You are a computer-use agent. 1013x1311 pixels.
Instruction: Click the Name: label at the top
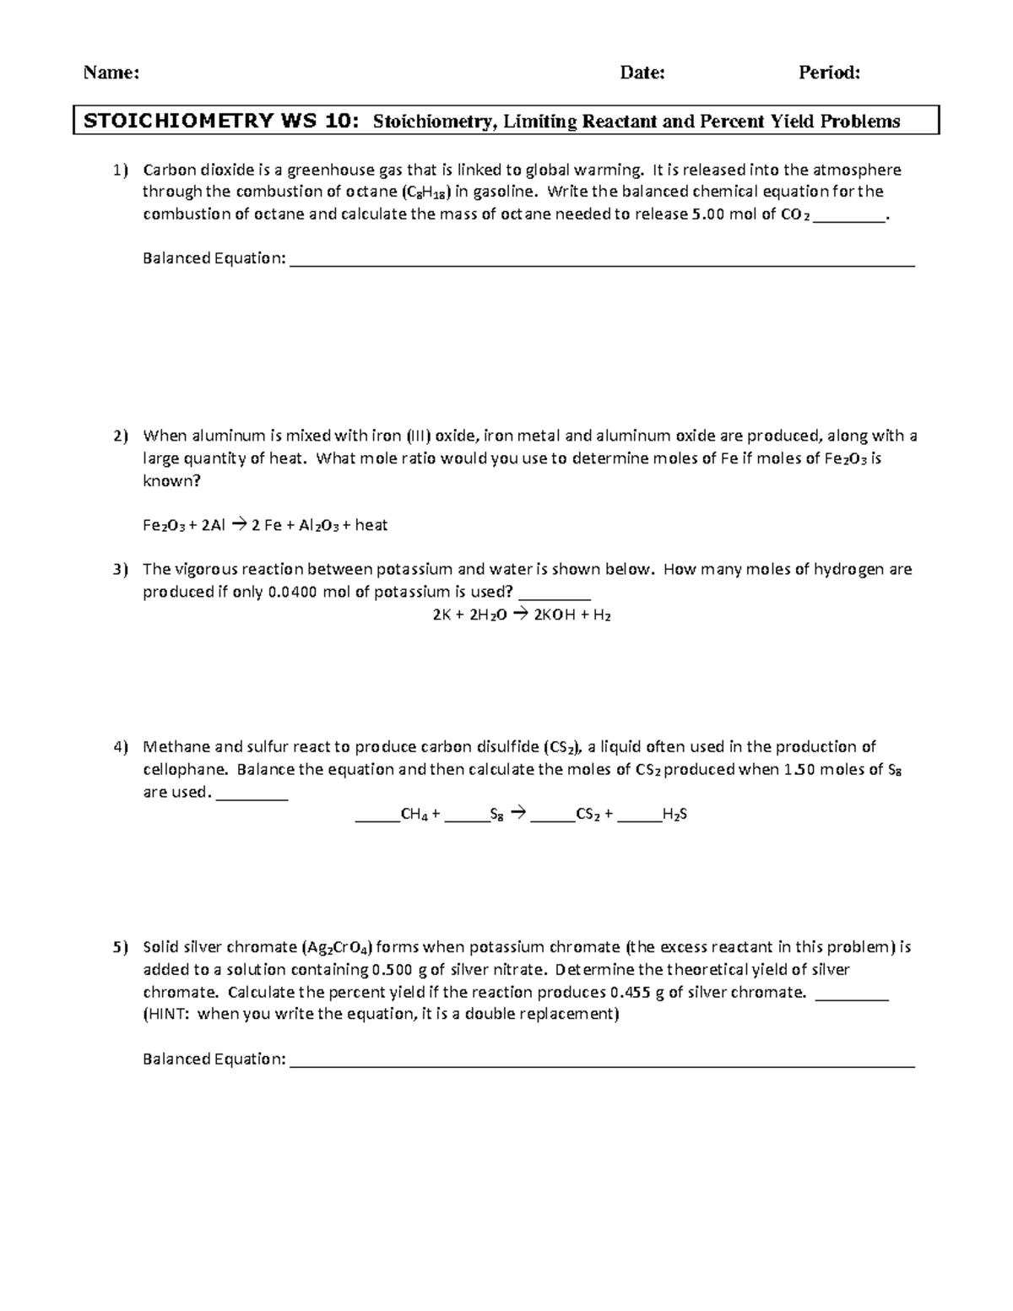click(111, 73)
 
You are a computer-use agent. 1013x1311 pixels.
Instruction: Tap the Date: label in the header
click(642, 73)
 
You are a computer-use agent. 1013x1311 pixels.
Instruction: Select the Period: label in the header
click(829, 73)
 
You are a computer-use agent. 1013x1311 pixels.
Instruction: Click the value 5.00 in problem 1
click(707, 214)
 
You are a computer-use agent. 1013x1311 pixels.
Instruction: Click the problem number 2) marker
click(120, 436)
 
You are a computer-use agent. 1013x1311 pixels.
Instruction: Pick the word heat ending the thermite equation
click(371, 525)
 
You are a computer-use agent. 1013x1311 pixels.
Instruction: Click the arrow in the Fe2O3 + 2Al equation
click(236, 525)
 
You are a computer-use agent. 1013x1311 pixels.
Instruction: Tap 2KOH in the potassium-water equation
click(555, 615)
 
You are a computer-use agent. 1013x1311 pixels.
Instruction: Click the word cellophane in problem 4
click(185, 769)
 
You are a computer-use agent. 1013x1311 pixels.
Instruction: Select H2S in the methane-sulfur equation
click(675, 815)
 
